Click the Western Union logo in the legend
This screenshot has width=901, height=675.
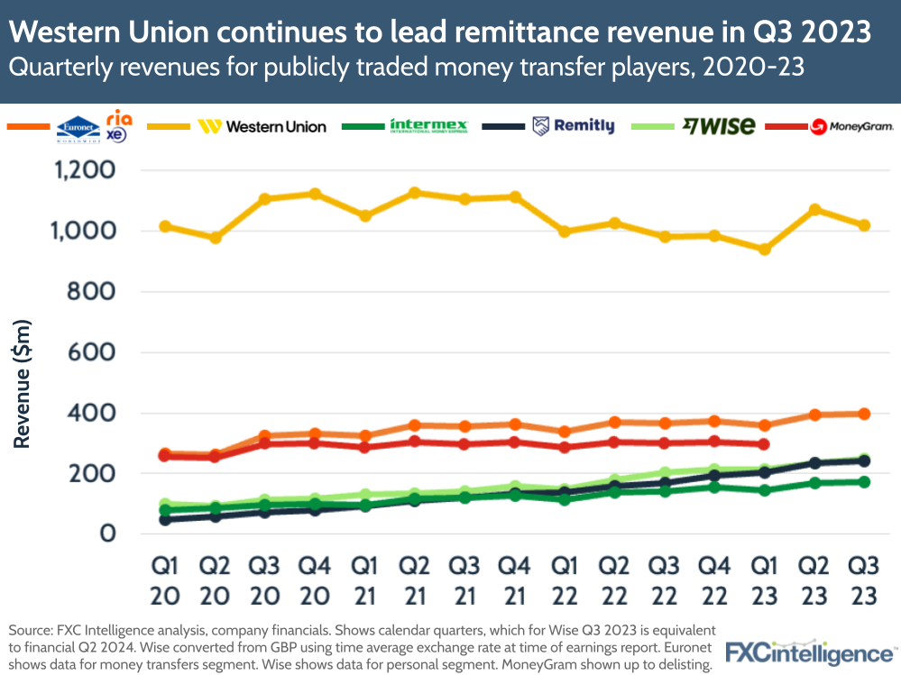pos(262,126)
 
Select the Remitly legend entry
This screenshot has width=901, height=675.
pos(573,126)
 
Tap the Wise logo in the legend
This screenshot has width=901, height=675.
pos(719,126)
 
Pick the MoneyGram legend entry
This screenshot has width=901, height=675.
pos(851,126)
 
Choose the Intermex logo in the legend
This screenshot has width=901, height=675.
pos(428,126)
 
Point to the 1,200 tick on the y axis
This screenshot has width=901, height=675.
pos(84,170)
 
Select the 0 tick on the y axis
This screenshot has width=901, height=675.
pos(108,534)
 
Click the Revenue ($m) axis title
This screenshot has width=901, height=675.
pos(24,384)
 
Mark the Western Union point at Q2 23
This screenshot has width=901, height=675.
pos(814,209)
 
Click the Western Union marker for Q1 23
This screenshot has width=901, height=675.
pos(765,249)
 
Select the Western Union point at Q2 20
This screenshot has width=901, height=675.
pos(215,238)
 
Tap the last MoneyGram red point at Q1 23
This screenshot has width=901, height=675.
pos(765,444)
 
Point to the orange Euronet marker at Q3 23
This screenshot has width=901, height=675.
pos(864,414)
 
